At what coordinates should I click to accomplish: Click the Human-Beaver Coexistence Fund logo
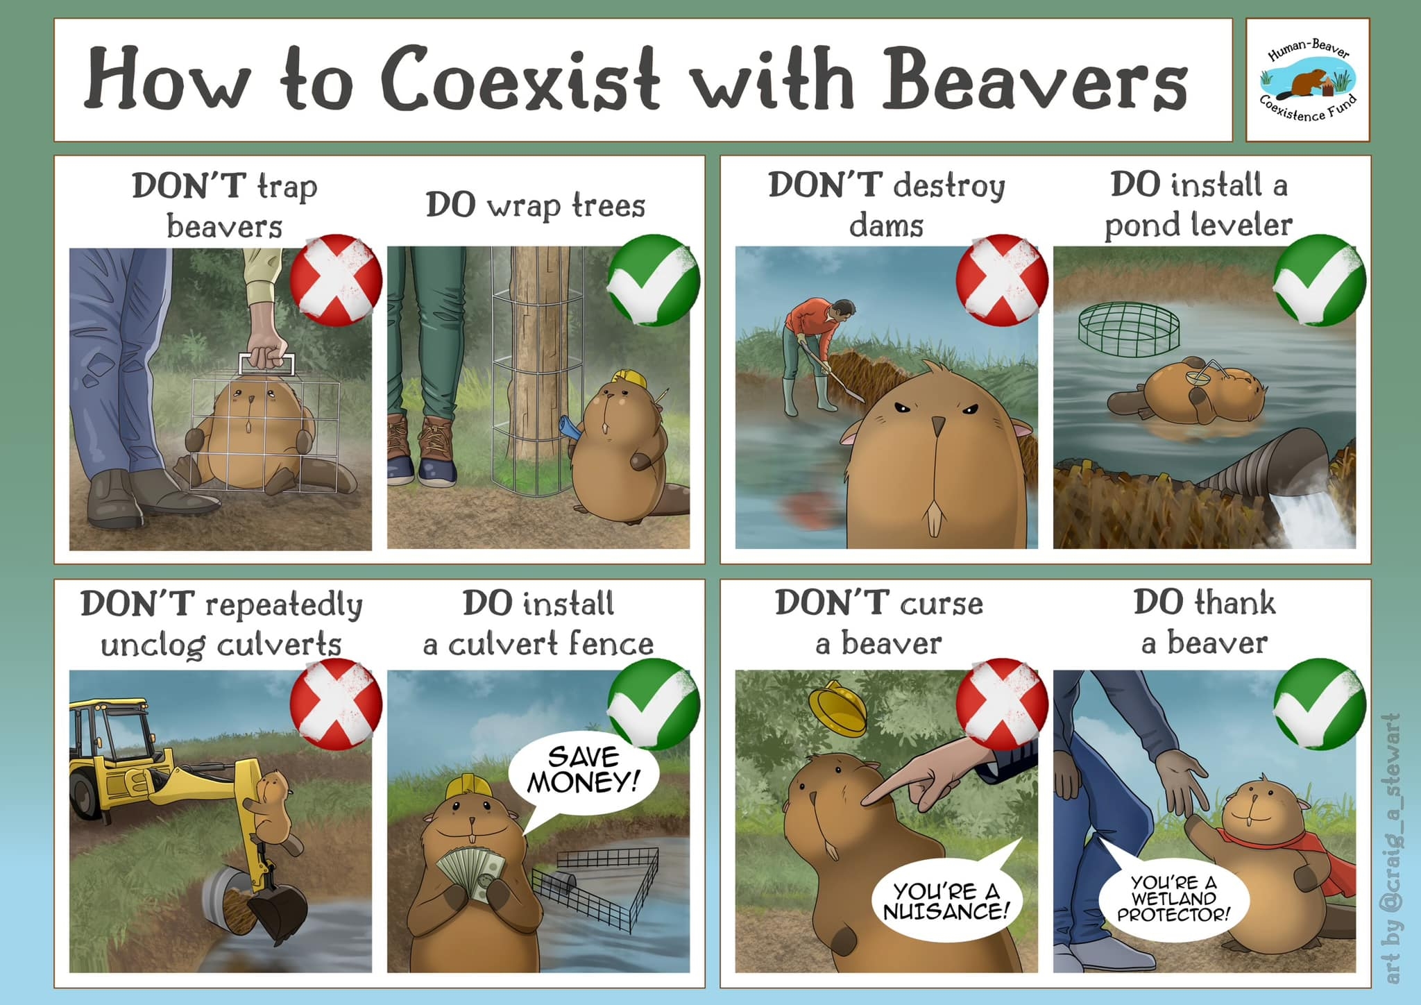pyautogui.click(x=1308, y=81)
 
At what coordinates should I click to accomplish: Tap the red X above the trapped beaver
pyautogui.click(x=336, y=280)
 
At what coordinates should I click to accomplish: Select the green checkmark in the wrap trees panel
pyautogui.click(x=654, y=280)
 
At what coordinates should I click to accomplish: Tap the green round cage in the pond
pyautogui.click(x=1129, y=329)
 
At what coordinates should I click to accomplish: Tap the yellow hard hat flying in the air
pyautogui.click(x=837, y=707)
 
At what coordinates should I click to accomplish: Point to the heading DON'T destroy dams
pyautogui.click(x=886, y=205)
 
